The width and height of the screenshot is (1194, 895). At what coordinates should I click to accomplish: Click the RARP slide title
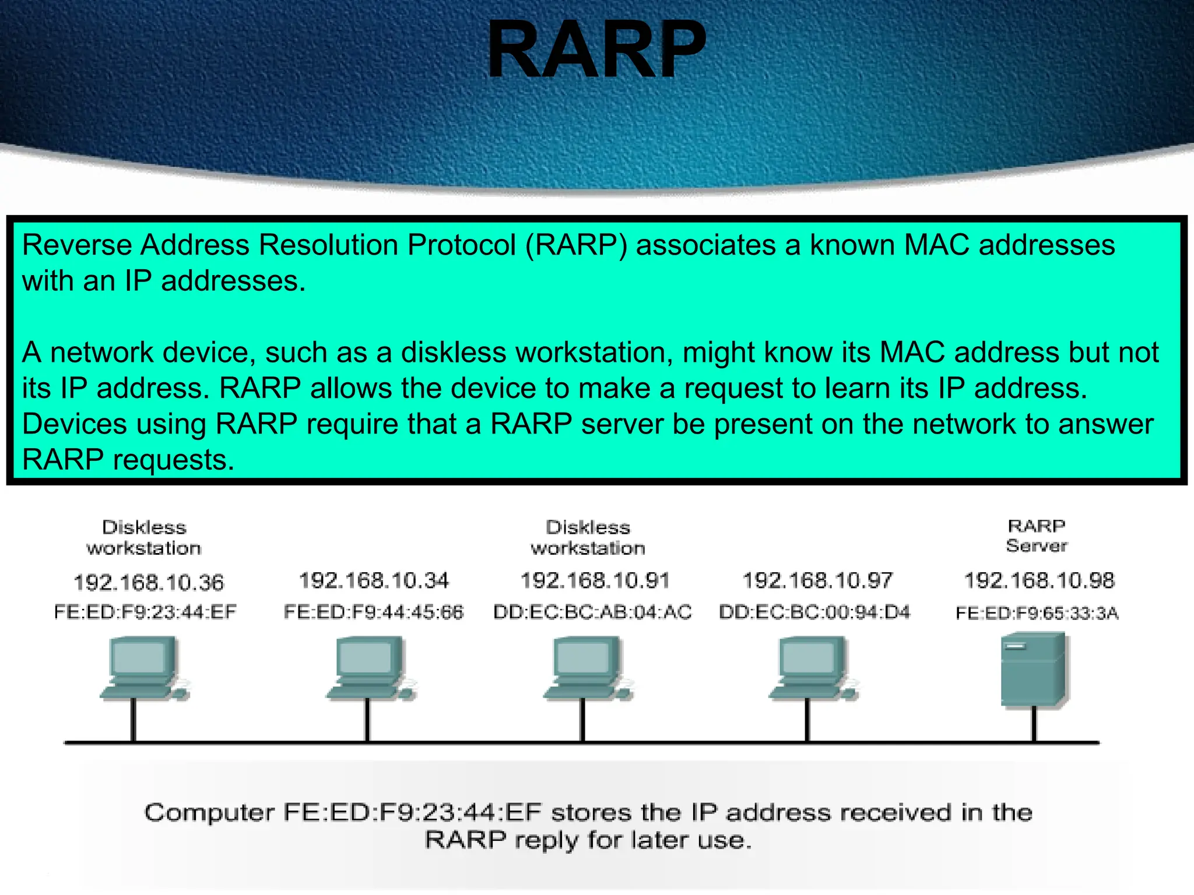[596, 50]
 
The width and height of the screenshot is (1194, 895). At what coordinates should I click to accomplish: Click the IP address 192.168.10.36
[148, 582]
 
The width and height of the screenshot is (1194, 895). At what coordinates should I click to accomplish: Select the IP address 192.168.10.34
[374, 580]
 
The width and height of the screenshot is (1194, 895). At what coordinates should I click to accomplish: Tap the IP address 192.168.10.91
[595, 580]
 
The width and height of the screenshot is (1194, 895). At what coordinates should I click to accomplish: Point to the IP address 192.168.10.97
[817, 580]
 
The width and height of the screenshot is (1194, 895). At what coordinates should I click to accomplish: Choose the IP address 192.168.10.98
[1039, 580]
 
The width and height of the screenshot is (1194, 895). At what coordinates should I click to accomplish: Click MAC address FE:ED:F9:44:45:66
[373, 612]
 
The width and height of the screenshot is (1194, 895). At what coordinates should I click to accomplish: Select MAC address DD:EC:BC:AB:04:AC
[592, 612]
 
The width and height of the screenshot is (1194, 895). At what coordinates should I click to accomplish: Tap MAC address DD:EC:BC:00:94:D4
[814, 612]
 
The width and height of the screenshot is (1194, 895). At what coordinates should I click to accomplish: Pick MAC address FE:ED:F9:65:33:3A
[1037, 613]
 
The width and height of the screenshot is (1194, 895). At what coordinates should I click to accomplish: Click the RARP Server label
[1037, 535]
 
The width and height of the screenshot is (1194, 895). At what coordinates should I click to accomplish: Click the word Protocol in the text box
[461, 245]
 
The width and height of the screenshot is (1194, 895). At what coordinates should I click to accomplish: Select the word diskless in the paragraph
[454, 353]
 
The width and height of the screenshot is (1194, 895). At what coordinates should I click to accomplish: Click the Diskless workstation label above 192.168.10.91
[588, 537]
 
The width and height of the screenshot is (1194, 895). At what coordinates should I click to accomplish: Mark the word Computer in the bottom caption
[209, 812]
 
